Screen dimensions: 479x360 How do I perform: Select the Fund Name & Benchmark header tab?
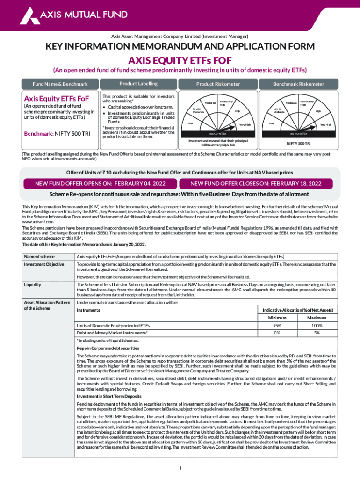tap(59, 84)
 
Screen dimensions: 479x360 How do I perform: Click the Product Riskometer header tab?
tap(218, 84)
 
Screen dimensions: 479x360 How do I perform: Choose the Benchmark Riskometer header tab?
tap(298, 84)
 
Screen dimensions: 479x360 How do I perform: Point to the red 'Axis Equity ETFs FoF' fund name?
tap(56, 99)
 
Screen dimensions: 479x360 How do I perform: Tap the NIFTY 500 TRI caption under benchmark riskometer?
tap(298, 143)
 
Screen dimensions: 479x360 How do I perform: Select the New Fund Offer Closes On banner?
tap(256, 183)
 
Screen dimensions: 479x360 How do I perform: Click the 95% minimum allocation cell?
tap(277, 326)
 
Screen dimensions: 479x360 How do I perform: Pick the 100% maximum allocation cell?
tap(317, 326)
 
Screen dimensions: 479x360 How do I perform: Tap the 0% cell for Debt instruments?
tap(277, 333)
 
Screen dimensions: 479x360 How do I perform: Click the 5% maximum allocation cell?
tap(317, 333)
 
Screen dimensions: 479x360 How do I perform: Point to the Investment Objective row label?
tap(43, 264)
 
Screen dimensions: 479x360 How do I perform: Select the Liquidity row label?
tap(32, 284)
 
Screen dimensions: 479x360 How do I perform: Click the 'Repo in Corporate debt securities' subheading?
tap(108, 348)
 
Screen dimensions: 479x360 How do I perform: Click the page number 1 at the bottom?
tap(180, 468)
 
